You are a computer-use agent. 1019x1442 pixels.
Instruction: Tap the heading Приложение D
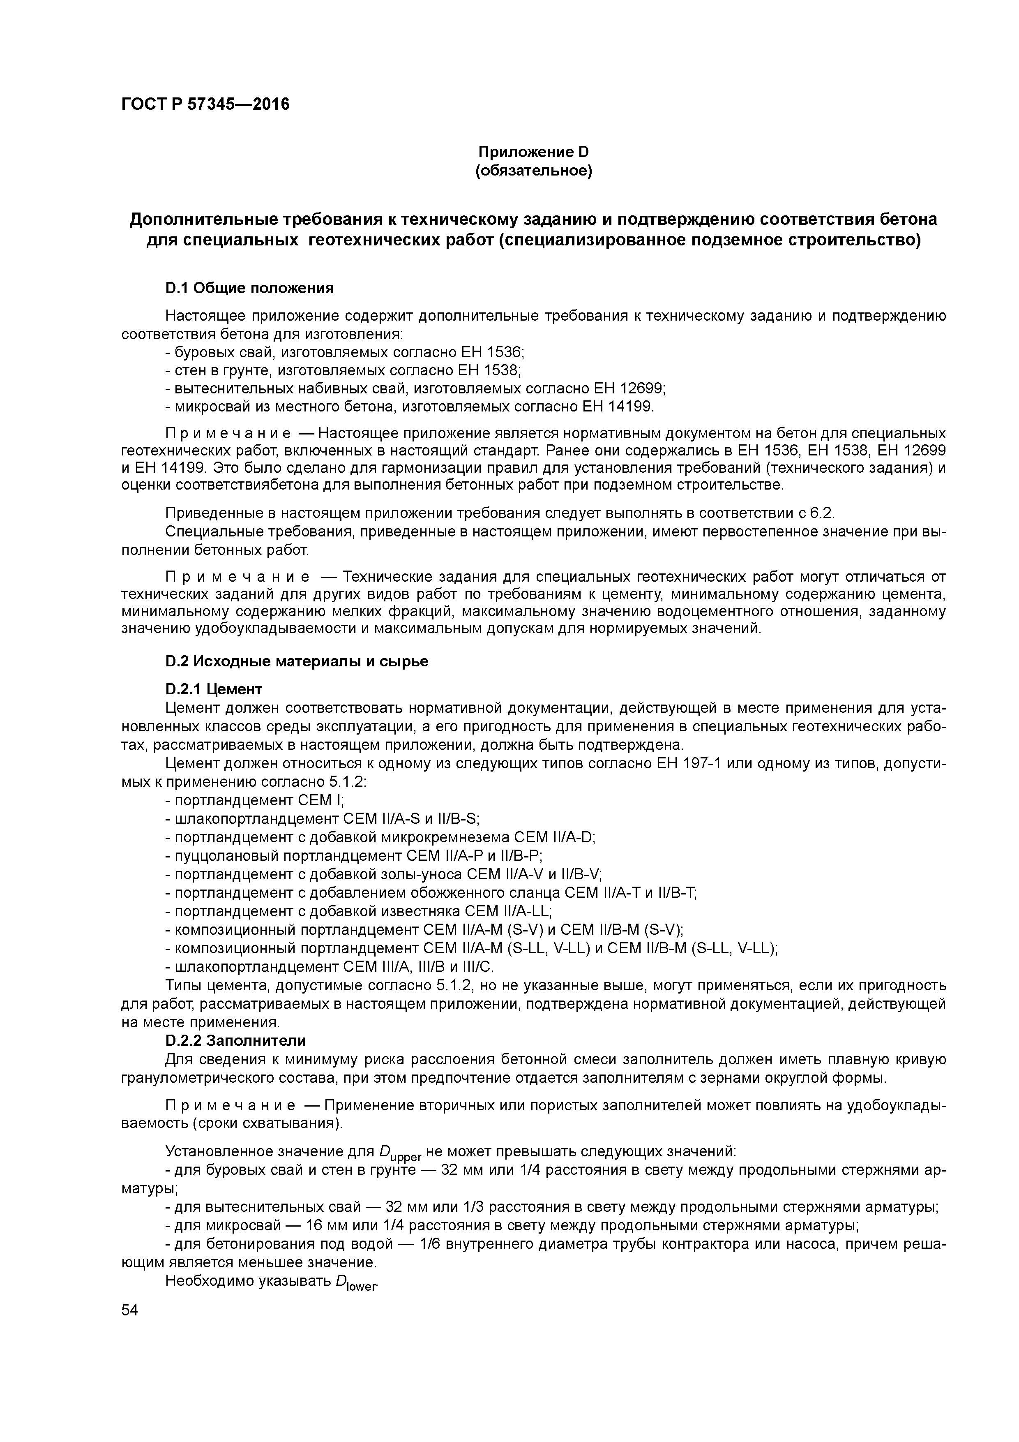coord(534,152)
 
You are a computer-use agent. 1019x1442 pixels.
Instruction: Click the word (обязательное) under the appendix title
coord(534,171)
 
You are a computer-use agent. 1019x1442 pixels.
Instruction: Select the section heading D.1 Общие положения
coord(249,288)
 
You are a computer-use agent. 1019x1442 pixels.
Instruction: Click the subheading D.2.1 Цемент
coord(214,690)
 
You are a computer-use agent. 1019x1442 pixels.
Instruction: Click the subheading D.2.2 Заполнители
coord(235,1041)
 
